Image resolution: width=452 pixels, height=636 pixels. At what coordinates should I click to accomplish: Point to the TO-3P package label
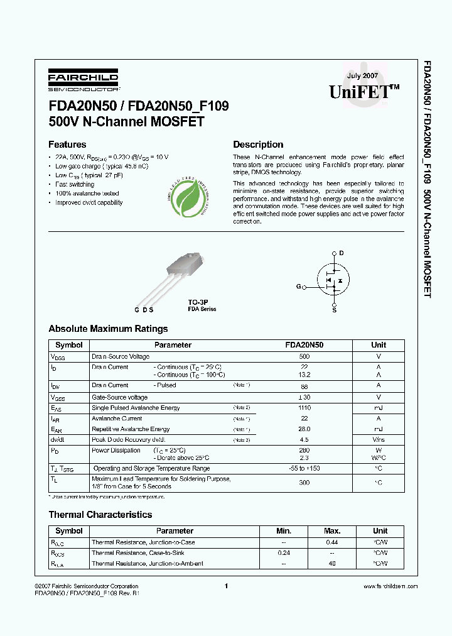[198, 302]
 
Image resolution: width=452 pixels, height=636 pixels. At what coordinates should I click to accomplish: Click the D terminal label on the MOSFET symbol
[342, 253]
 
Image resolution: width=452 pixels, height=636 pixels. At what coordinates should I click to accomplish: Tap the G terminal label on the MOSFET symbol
[298, 287]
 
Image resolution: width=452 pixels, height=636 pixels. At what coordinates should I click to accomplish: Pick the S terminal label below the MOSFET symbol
[334, 310]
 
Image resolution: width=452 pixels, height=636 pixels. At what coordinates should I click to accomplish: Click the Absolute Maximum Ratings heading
[108, 329]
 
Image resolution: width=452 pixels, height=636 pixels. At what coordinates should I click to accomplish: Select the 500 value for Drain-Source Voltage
[304, 356]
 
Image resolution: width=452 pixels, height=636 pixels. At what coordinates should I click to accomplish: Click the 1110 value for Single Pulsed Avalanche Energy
[304, 408]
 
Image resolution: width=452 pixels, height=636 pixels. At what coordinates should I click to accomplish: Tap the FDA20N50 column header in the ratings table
[304, 345]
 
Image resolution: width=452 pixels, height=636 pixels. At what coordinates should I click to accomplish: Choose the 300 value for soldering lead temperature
[304, 483]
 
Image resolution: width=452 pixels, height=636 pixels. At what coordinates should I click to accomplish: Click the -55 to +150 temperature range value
[304, 468]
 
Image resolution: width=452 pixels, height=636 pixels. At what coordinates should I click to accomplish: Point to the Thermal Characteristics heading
[100, 515]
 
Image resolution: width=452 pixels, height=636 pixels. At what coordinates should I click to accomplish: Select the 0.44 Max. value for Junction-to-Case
[332, 542]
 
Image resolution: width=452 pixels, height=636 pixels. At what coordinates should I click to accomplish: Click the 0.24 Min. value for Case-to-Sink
[284, 553]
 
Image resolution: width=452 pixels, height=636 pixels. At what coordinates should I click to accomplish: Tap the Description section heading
[258, 145]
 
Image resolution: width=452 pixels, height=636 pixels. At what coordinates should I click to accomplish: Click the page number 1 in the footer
[225, 586]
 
